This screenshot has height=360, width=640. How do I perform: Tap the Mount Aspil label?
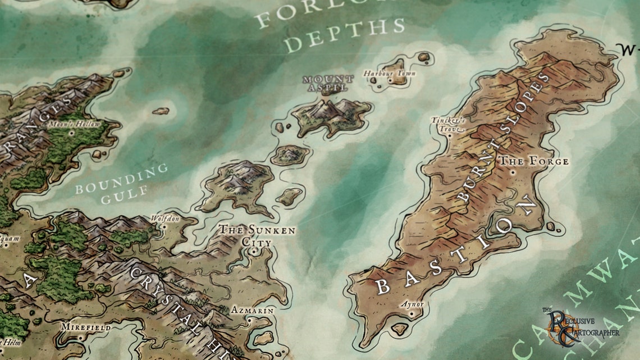click(x=328, y=83)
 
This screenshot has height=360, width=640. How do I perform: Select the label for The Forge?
click(x=534, y=161)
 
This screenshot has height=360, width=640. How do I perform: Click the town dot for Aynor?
click(x=411, y=314)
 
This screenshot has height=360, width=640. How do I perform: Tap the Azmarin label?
click(x=253, y=310)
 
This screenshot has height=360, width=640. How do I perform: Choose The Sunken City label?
click(x=257, y=236)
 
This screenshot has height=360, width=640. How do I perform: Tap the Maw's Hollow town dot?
click(x=71, y=133)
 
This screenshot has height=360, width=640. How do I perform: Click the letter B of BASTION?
click(x=383, y=286)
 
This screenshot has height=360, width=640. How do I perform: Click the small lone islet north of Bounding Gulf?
click(x=161, y=111)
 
